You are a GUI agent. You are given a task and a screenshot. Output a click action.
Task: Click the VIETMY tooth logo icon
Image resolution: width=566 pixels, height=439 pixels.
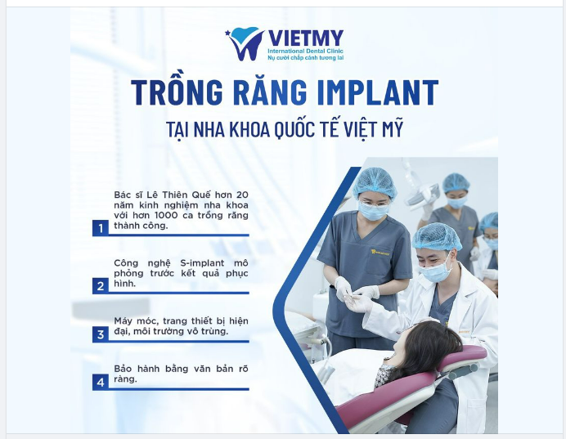[x=246, y=43]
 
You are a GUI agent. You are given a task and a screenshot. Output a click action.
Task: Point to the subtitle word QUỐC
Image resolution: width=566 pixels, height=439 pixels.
[x=301, y=129]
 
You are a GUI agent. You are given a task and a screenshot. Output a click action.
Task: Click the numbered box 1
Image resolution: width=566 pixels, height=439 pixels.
[x=101, y=228]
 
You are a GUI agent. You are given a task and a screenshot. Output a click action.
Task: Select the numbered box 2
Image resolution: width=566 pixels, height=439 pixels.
[x=101, y=285]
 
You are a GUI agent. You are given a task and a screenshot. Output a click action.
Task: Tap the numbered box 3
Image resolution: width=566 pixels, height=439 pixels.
[x=101, y=334]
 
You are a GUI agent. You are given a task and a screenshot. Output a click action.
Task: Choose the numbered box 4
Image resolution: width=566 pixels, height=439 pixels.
[x=101, y=381]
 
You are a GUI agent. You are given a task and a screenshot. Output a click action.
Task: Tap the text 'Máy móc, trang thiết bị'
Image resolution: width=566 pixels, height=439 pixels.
[x=167, y=320]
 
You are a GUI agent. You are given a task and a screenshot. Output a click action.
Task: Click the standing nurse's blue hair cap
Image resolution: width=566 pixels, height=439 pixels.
[x=374, y=182]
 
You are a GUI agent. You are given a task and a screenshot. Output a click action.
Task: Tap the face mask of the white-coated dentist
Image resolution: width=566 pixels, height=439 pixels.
[x=435, y=271]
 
